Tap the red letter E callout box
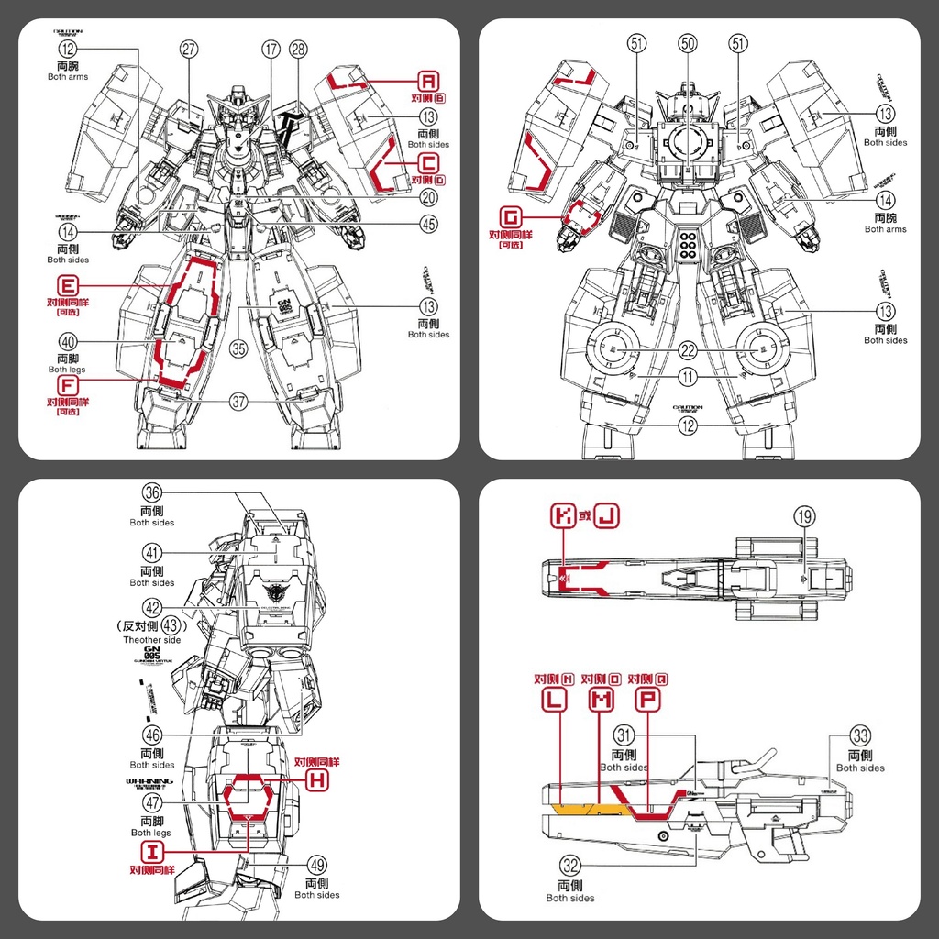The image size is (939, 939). [x=69, y=284]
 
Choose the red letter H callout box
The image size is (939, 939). [x=316, y=779]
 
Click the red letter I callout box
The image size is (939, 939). [x=152, y=851]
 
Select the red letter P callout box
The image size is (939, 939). [x=648, y=700]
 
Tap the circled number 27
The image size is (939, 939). [x=190, y=50]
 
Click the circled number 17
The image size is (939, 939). [x=270, y=50]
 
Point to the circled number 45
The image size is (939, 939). [x=428, y=222]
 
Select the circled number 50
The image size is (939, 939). [x=688, y=42]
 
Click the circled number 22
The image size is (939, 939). [x=688, y=351]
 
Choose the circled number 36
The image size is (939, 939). [x=152, y=492]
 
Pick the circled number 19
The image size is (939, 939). [x=804, y=517]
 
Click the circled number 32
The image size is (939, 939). [x=570, y=864]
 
